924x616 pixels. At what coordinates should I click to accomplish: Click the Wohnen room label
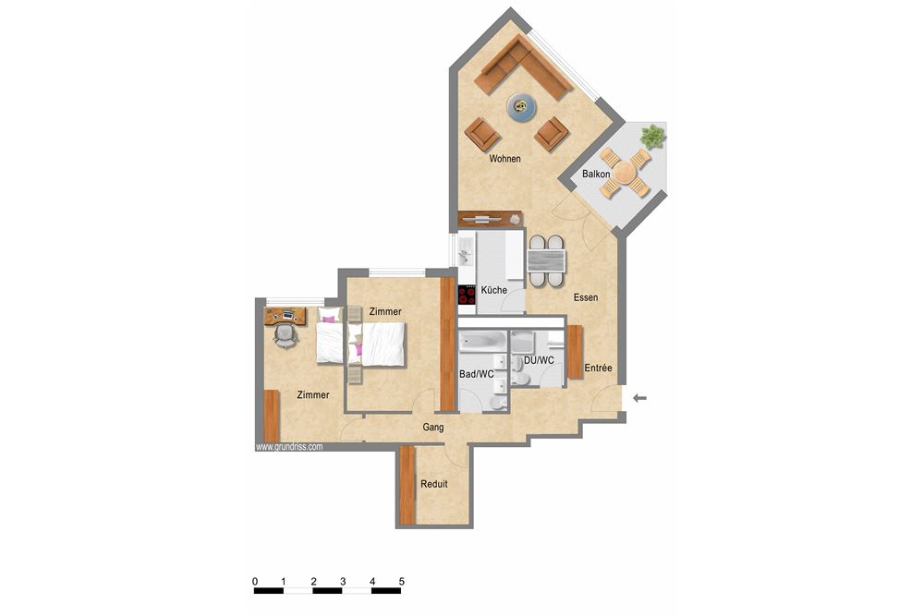(505, 159)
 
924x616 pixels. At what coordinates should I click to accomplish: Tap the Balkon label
(596, 174)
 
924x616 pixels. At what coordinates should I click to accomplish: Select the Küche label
(493, 290)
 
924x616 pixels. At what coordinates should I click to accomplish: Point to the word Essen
(585, 297)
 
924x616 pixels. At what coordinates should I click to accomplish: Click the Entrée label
(598, 368)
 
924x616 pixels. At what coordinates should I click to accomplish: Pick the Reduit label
(434, 484)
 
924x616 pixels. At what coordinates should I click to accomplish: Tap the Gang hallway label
(433, 428)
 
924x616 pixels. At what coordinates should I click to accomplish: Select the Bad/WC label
(477, 374)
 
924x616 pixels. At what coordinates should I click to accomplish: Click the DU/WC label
(538, 359)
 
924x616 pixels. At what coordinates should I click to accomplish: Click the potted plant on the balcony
(653, 137)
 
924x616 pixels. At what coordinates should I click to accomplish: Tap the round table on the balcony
(626, 173)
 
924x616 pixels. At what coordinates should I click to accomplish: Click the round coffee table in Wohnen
(523, 107)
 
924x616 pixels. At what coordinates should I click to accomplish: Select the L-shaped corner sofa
(521, 68)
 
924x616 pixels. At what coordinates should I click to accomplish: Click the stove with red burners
(467, 296)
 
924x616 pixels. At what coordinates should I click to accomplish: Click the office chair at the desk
(286, 333)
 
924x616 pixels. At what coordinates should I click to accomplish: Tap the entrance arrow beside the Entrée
(639, 398)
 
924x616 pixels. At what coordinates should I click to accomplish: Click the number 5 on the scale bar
(402, 581)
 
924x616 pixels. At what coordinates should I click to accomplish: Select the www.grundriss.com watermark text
(288, 446)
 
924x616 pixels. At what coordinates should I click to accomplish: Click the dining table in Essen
(546, 260)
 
